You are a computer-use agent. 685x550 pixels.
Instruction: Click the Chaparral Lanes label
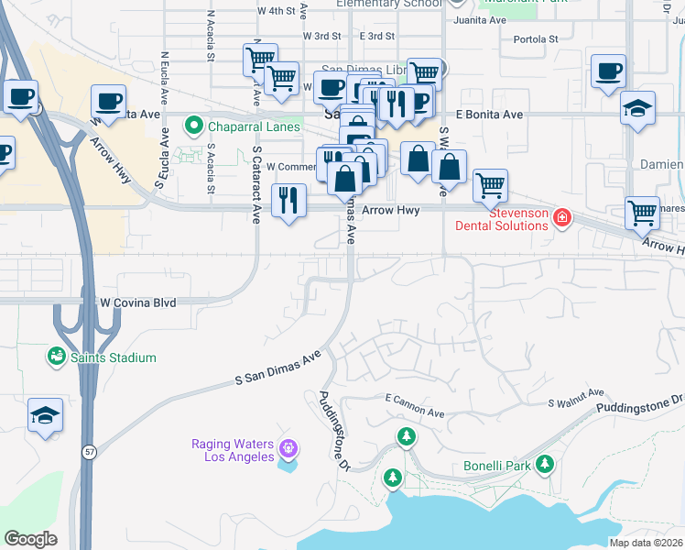[x=254, y=126]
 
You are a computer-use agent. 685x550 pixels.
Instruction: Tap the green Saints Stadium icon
[x=56, y=355]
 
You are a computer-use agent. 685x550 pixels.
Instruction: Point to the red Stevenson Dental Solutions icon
[x=560, y=218]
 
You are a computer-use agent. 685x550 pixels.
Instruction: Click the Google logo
[x=30, y=539]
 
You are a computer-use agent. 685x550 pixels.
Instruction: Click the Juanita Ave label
[x=480, y=19]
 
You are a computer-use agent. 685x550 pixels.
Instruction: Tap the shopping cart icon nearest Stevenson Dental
[x=491, y=185]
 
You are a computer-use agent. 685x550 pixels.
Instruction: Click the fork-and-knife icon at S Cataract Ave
[x=289, y=199]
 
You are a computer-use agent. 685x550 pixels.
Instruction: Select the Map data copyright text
[x=646, y=543]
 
